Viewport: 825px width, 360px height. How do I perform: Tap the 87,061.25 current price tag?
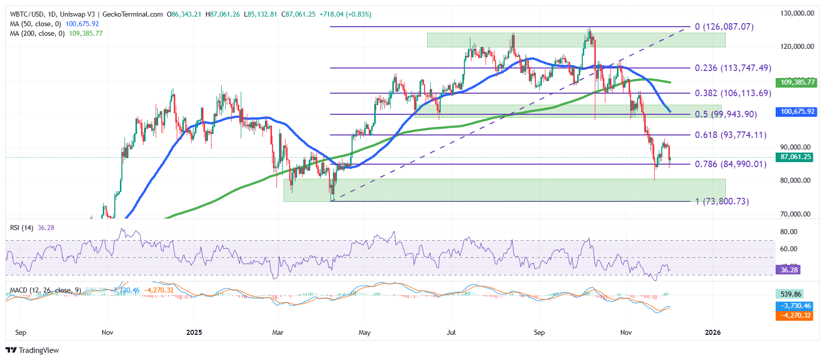tap(796, 157)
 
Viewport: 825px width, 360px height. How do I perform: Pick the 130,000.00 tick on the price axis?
tap(797, 13)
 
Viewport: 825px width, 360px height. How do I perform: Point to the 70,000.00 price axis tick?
tap(795, 214)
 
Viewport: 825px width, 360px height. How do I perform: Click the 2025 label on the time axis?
tap(194, 332)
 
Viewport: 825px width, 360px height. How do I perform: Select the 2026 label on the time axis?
tap(713, 332)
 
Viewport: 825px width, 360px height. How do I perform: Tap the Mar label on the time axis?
tap(277, 332)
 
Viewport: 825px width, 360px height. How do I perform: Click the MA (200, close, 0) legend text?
tap(37, 33)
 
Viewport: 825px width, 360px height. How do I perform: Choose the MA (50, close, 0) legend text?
tap(35, 24)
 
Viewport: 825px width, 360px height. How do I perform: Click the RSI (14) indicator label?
tap(22, 228)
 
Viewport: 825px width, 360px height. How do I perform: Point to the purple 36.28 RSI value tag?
tap(789, 270)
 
